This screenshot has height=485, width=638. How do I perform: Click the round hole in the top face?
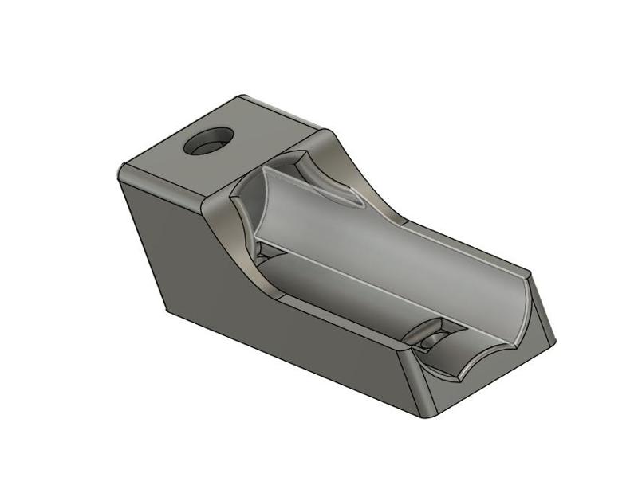tap(207, 141)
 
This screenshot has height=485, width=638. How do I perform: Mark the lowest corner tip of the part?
tap(430, 415)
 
